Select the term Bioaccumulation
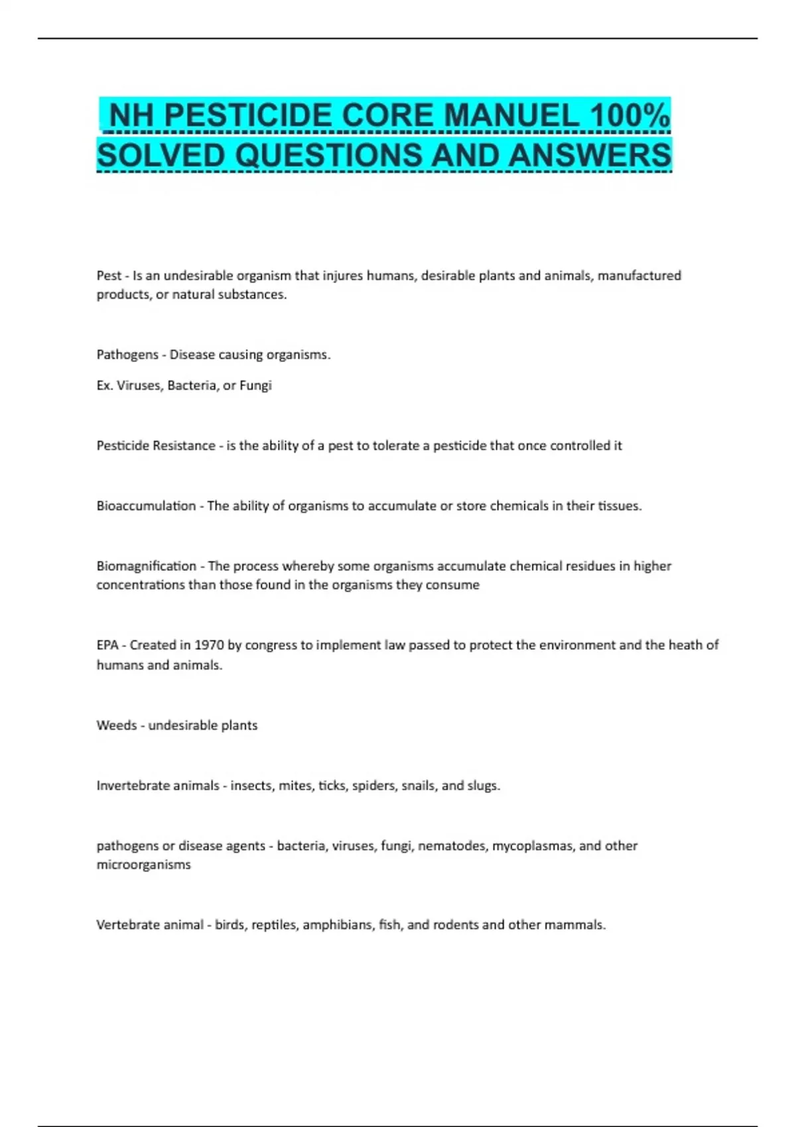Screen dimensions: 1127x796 pyautogui.click(x=146, y=506)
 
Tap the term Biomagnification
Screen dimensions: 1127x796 pyautogui.click(x=147, y=566)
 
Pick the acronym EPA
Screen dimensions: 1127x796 pyautogui.click(x=107, y=645)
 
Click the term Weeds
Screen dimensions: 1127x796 pyautogui.click(x=117, y=725)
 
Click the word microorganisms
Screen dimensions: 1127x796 pyautogui.click(x=143, y=864)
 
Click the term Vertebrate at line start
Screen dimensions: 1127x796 pyautogui.click(x=127, y=925)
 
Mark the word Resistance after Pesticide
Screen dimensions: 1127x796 pyautogui.click(x=184, y=445)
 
